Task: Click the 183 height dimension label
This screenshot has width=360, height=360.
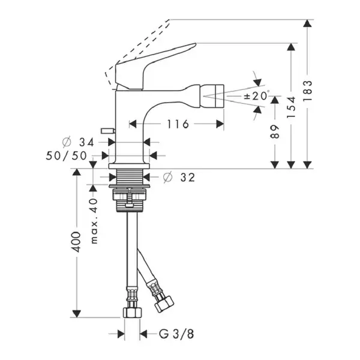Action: click(307, 91)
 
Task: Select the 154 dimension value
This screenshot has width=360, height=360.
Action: click(292, 107)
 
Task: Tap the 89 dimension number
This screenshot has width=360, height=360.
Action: click(275, 132)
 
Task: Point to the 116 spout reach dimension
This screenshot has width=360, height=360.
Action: click(178, 124)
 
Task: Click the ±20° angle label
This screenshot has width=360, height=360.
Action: click(257, 96)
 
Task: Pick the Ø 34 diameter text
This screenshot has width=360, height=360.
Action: click(78, 143)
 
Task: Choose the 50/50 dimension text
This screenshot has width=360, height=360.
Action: click(67, 156)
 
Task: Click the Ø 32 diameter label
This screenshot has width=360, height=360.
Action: click(179, 177)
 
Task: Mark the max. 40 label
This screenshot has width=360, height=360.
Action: click(94, 221)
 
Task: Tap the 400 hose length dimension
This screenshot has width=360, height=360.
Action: click(76, 242)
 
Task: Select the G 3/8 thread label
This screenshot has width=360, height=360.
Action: click(176, 334)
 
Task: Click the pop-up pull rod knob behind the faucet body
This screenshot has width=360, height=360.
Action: click(108, 131)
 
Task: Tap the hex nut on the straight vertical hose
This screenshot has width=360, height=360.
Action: click(132, 313)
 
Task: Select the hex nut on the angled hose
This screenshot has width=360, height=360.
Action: click(164, 304)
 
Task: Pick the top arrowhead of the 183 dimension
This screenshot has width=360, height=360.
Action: click(307, 23)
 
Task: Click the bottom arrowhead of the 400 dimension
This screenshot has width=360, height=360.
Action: click(76, 314)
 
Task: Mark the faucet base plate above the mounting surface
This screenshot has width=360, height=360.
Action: click(129, 166)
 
